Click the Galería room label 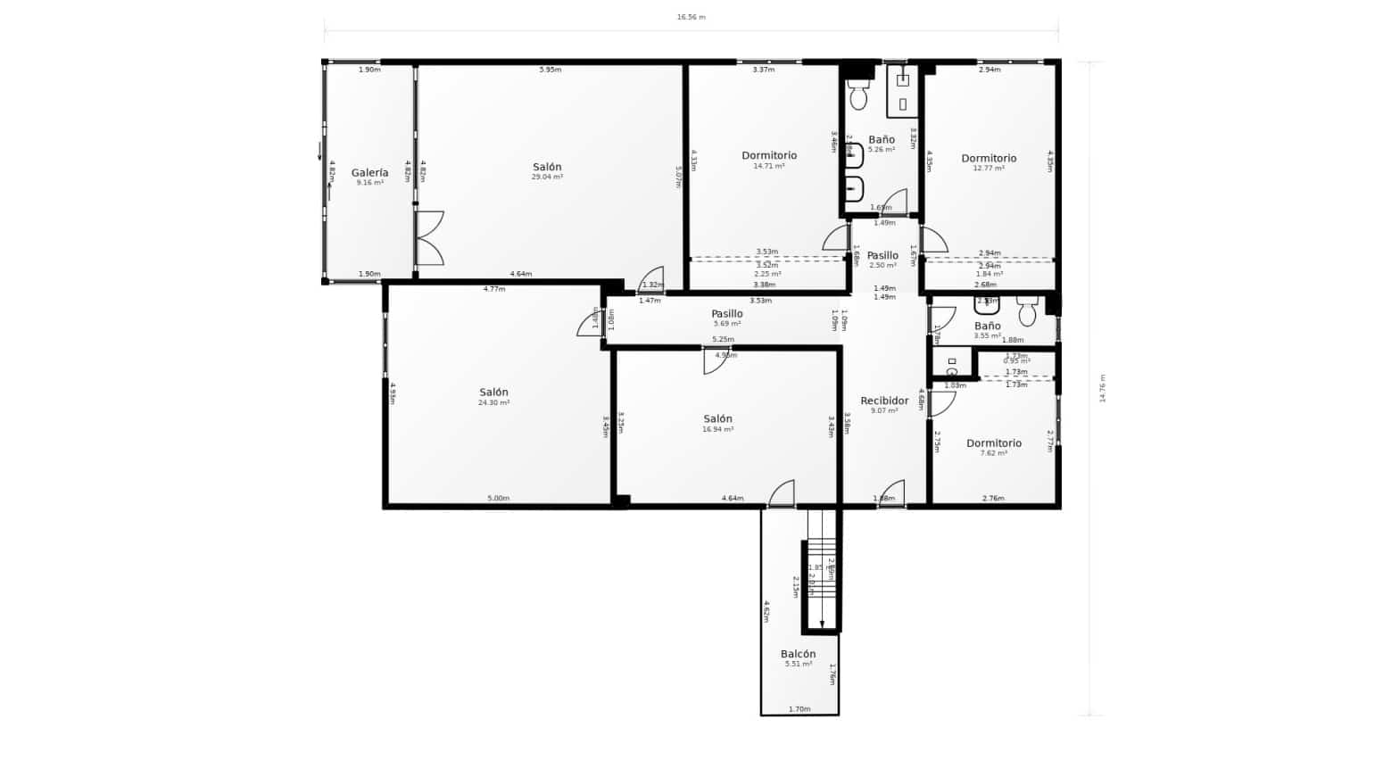pyautogui.click(x=369, y=173)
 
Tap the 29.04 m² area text pyautogui.click(x=547, y=178)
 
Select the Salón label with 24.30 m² pyautogui.click(x=493, y=393)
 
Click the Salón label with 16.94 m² pyautogui.click(x=717, y=419)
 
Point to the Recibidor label pyautogui.click(x=884, y=401)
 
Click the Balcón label pyautogui.click(x=798, y=654)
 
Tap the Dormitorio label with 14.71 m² pyautogui.click(x=769, y=156)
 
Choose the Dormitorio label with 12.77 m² pyautogui.click(x=989, y=159)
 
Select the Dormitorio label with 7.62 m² pyautogui.click(x=994, y=443)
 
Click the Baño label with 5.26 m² pyautogui.click(x=882, y=140)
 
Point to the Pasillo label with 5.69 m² pyautogui.click(x=727, y=314)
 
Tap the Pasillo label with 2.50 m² pyautogui.click(x=882, y=256)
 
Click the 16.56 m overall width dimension pyautogui.click(x=691, y=17)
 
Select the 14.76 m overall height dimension pyautogui.click(x=1102, y=388)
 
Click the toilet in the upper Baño pyautogui.click(x=858, y=95)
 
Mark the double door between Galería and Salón pyautogui.click(x=429, y=238)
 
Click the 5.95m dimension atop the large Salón pyautogui.click(x=551, y=70)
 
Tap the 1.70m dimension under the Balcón pyautogui.click(x=799, y=709)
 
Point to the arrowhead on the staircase pyautogui.click(x=822, y=624)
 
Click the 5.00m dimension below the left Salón pyautogui.click(x=498, y=499)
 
